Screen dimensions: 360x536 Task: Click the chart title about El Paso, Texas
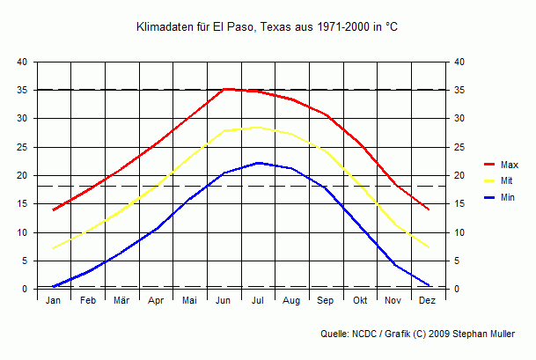268,27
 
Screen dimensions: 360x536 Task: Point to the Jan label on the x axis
54,301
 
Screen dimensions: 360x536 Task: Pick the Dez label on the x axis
428,301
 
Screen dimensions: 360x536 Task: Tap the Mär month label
121,301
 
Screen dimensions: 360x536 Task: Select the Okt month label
360,301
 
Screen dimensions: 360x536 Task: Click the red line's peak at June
224,89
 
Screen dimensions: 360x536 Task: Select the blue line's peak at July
258,163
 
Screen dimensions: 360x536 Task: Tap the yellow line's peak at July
258,127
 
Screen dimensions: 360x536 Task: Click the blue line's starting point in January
54,286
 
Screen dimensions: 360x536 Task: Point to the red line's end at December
429,209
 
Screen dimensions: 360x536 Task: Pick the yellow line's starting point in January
54,248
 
